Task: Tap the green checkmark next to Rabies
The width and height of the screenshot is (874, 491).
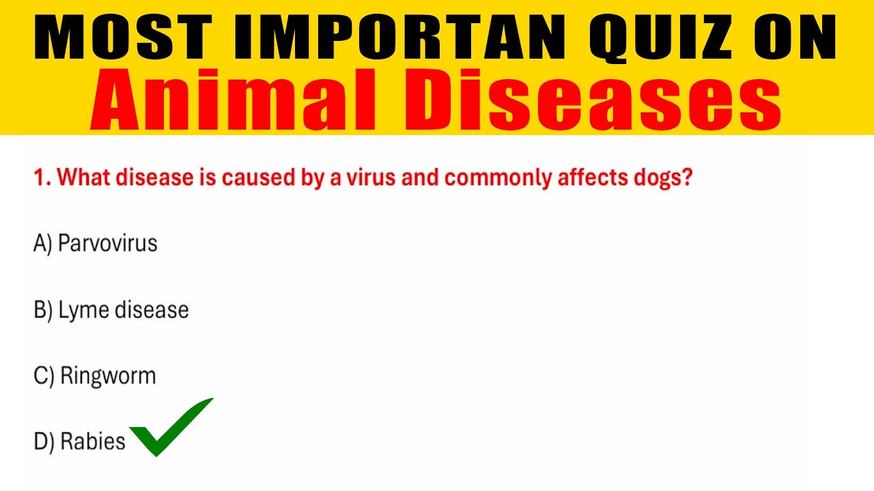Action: tap(171, 428)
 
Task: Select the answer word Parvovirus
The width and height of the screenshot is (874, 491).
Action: tap(108, 243)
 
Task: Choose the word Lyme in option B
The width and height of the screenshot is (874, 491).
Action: tap(75, 310)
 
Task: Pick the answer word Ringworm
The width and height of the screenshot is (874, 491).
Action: tap(108, 376)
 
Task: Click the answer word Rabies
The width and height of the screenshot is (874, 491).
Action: tap(93, 441)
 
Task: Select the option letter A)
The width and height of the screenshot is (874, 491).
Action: tap(43, 243)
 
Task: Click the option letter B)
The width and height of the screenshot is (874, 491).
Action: tap(43, 310)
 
